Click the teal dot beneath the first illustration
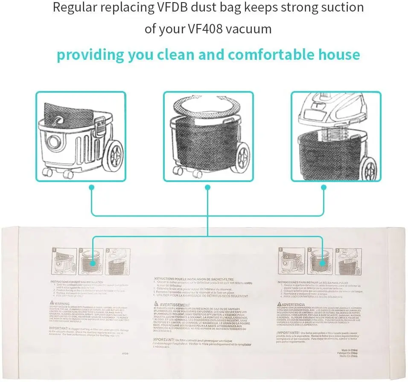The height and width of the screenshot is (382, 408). (91, 187)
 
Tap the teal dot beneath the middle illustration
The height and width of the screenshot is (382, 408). (207, 187)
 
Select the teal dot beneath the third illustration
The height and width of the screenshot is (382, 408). (323, 187)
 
